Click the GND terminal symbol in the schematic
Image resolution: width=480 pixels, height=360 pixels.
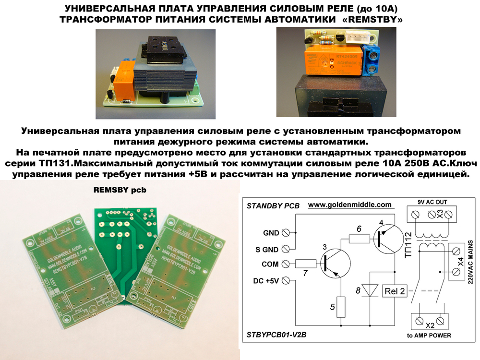pos(287,233)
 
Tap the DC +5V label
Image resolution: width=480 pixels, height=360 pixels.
pos(265,280)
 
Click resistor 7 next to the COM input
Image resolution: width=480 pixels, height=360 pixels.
pos(305,263)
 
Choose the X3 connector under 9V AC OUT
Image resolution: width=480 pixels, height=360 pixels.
pos(430,213)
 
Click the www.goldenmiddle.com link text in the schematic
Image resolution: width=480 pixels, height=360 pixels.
pos(349,204)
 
